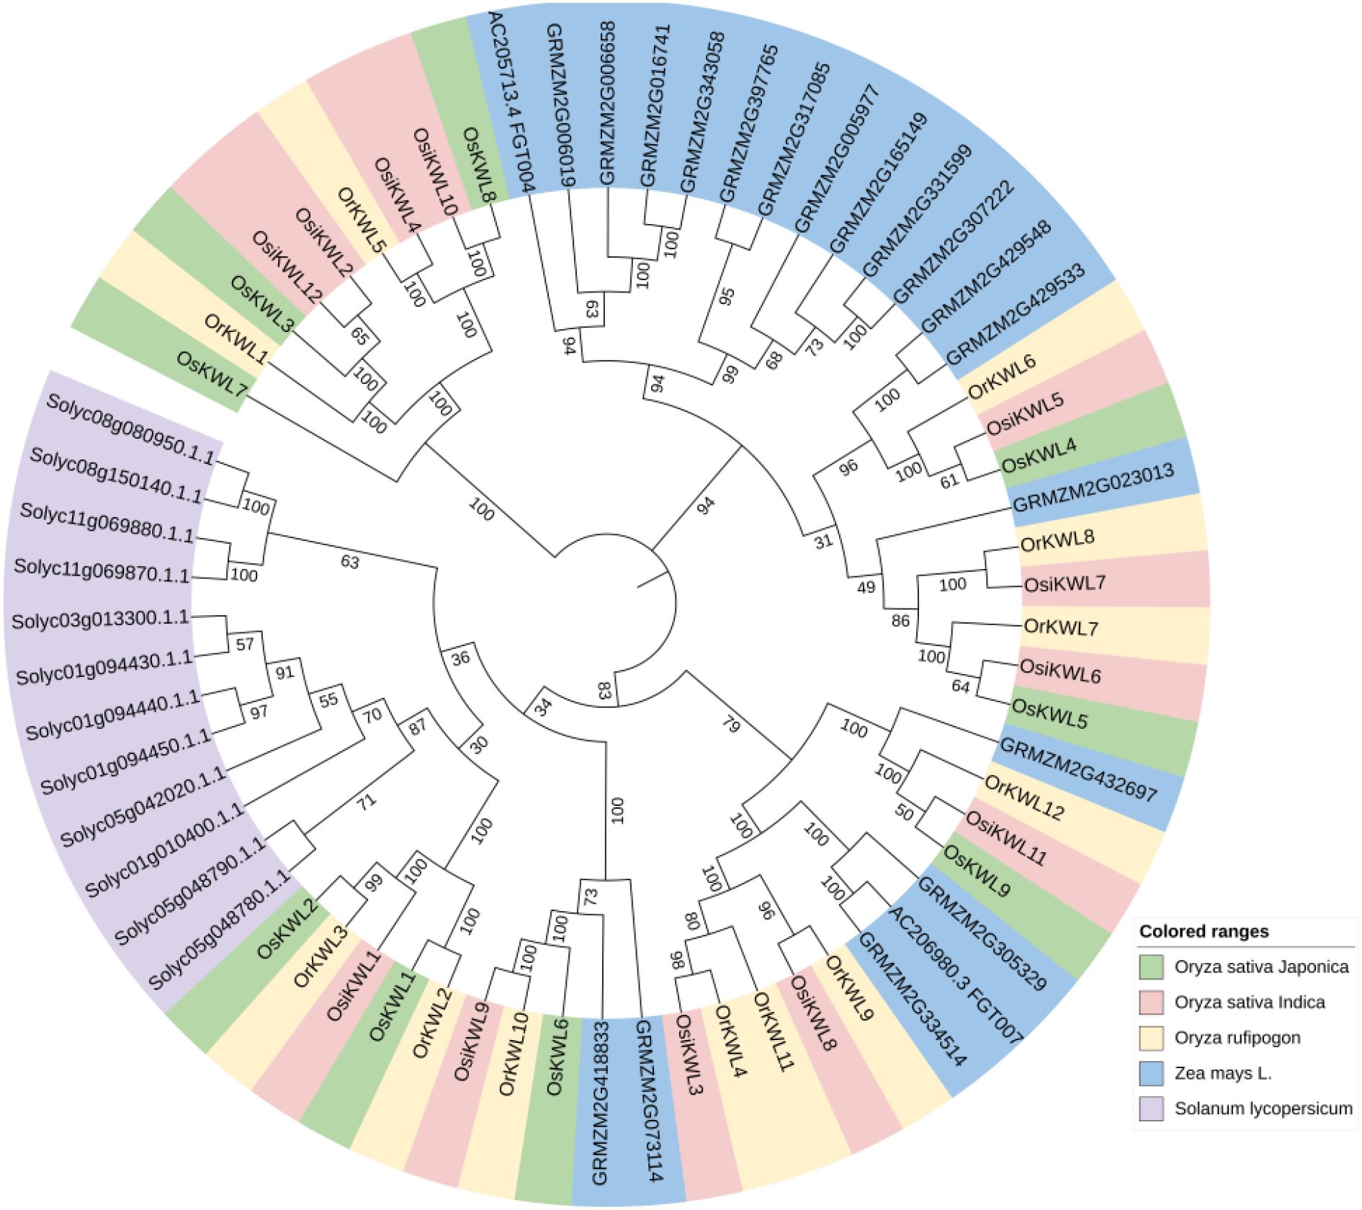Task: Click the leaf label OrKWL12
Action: [1024, 797]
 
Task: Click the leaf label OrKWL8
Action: [1057, 540]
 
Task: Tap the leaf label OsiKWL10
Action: [436, 171]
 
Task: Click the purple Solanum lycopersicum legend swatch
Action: [1151, 1108]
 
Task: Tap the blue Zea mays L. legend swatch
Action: [1151, 1073]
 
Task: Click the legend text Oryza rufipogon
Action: [1237, 1038]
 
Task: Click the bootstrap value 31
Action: [823, 541]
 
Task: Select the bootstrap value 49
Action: [866, 587]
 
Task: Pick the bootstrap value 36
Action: [460, 658]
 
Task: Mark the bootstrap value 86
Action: [900, 621]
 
